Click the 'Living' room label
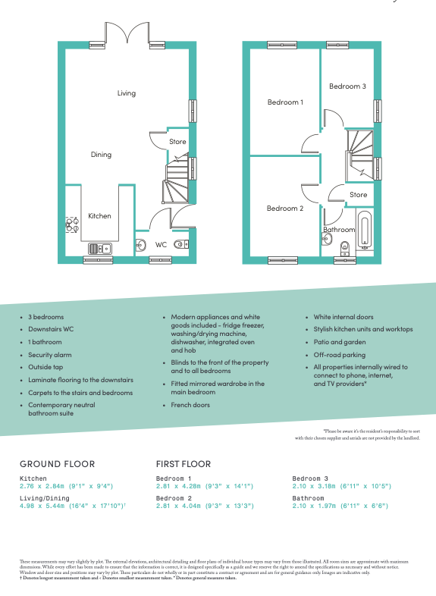coord(126,93)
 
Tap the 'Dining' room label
coord(101,155)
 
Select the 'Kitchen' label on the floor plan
coord(99,216)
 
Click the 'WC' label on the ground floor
coord(161,245)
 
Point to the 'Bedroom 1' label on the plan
coord(285,102)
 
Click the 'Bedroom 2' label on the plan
coord(285,209)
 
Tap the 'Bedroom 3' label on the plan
coord(347,86)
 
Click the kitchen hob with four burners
coord(73,225)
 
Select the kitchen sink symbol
coord(99,248)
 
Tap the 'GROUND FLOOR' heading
coord(57,463)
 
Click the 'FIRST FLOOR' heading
coord(183,463)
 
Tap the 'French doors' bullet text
coord(190,405)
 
